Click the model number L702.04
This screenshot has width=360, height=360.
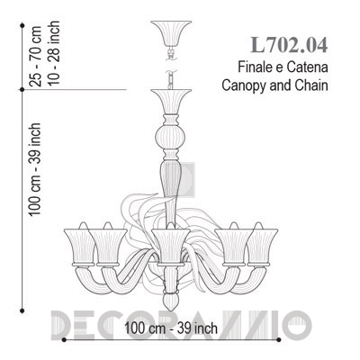(289, 45)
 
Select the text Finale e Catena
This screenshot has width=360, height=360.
(283, 67)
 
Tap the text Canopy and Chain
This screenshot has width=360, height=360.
(274, 85)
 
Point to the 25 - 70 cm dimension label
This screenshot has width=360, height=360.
(37, 57)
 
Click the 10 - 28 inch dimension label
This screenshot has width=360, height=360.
(54, 53)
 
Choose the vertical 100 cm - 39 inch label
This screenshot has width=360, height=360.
(35, 169)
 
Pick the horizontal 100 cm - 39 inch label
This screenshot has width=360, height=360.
(171, 328)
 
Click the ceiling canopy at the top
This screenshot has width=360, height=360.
(171, 33)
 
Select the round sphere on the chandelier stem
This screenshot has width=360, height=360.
(171, 137)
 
